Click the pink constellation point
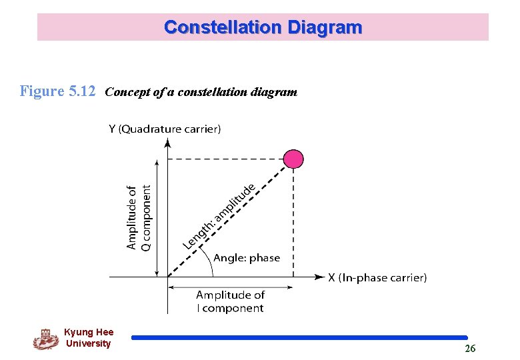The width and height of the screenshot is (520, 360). point(293,159)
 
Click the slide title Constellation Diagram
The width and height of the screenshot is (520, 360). point(263,27)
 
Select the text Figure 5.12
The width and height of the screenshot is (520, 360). point(58,91)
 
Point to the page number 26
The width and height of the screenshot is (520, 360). point(470,349)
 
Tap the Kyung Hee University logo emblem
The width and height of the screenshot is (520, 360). point(45,339)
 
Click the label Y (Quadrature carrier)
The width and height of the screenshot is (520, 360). point(164,129)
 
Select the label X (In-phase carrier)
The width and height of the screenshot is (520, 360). point(377,277)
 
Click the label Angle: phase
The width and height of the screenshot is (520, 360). point(246,258)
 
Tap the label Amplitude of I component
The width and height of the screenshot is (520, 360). point(230,301)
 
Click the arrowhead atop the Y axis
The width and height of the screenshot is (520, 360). point(167,142)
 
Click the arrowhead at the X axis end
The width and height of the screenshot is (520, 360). point(319,276)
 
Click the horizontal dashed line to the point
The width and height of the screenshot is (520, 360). point(227,159)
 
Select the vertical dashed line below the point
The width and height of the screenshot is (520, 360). point(293,220)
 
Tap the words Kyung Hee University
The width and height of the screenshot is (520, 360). point(88,338)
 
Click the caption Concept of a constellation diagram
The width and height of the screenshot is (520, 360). point(201,92)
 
